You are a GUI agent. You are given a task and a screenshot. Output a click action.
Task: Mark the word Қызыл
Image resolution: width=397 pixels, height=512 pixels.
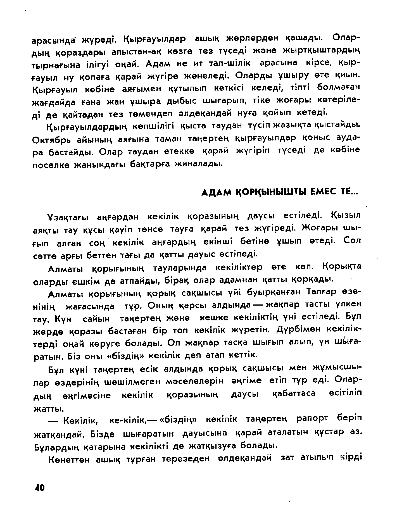tap(346, 216)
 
